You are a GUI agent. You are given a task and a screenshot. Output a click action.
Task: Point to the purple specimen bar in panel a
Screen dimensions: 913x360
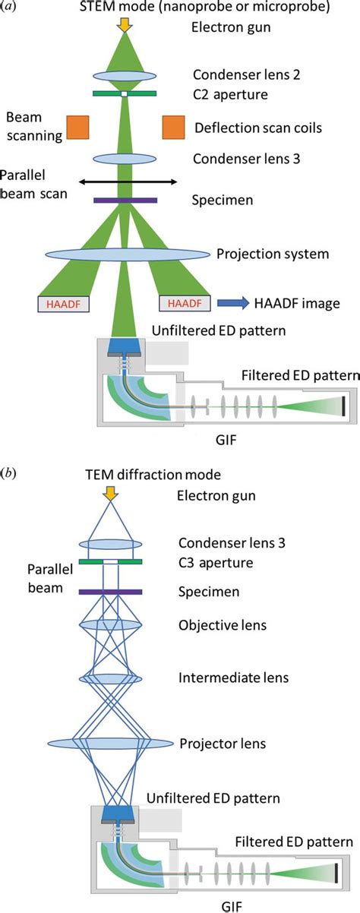[126, 201]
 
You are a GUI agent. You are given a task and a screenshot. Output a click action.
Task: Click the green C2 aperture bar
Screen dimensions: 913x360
[126, 94]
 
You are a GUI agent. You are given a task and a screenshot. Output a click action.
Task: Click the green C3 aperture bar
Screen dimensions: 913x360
[112, 562]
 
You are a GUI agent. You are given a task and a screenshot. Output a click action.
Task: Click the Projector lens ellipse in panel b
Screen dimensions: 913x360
[112, 741]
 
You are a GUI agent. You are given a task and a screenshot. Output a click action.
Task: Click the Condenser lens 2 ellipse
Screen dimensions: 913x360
[126, 76]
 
